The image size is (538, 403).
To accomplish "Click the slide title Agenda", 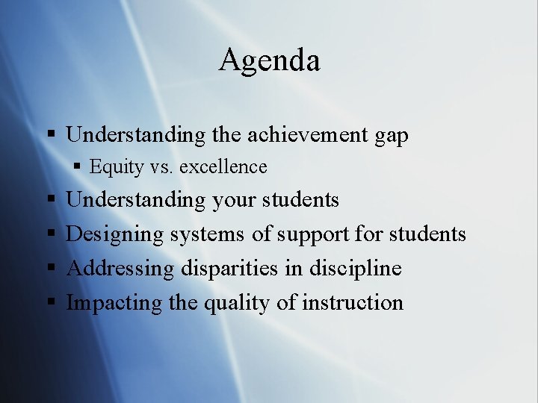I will click(x=269, y=60).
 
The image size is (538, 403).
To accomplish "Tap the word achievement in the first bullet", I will click(x=308, y=135).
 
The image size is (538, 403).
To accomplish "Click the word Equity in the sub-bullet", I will click(x=116, y=167).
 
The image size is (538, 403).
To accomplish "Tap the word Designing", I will click(x=115, y=235).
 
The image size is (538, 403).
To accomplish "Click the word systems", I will click(x=207, y=235).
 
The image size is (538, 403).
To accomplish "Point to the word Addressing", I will click(x=120, y=269).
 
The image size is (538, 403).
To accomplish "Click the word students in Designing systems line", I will click(x=427, y=235).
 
